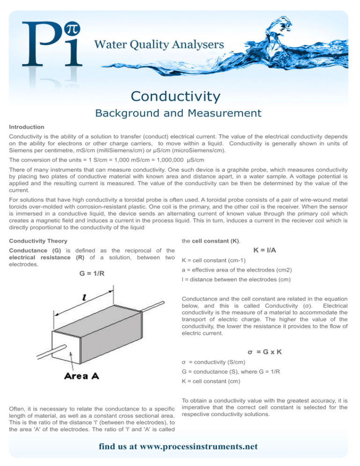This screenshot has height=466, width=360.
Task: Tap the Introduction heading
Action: tap(27, 127)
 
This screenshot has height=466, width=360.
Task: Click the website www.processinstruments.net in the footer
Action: tap(180, 446)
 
